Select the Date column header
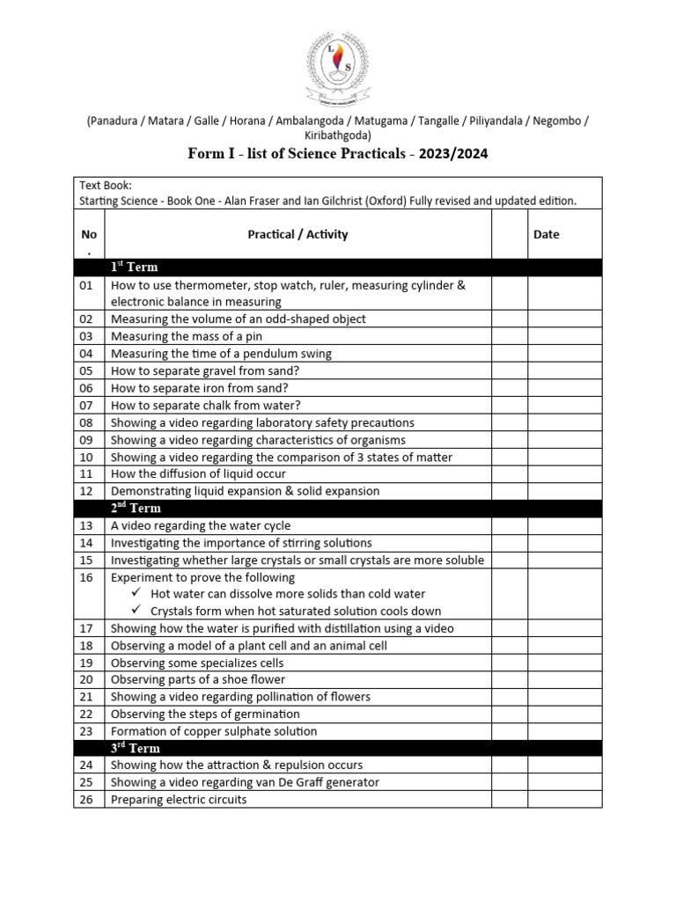point(546,234)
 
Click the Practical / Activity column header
point(298,234)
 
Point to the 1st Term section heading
point(134,267)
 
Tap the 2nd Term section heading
point(136,508)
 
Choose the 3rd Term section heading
point(136,748)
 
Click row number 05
point(86,370)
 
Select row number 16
point(86,577)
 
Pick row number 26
point(86,800)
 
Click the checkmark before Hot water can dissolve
point(136,594)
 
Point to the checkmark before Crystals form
point(136,611)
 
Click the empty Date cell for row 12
point(564,491)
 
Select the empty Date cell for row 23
point(564,731)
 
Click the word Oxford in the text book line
point(406,201)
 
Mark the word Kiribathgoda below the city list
point(337,136)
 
